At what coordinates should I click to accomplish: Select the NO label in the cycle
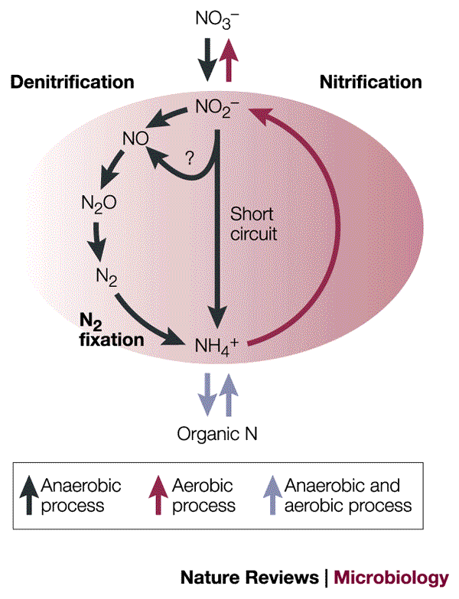135,138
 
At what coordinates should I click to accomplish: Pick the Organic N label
217,434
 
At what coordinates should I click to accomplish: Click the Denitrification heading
72,82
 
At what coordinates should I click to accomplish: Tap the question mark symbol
190,157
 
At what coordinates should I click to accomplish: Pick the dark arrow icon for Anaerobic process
28,495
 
